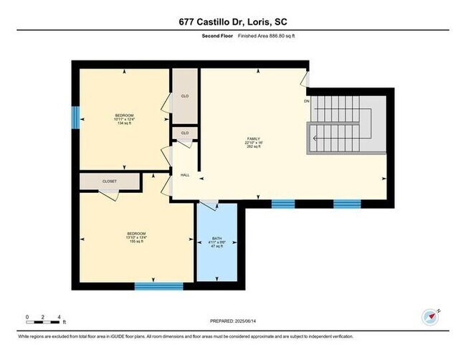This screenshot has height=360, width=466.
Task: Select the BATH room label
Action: (x=217, y=240)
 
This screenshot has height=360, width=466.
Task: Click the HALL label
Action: (x=184, y=174)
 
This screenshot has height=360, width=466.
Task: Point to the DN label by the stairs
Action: (x=307, y=101)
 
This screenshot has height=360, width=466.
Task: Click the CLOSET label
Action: (x=108, y=181)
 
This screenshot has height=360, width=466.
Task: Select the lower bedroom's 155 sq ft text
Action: (x=136, y=242)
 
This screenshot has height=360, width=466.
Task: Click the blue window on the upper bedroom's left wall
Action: (x=75, y=118)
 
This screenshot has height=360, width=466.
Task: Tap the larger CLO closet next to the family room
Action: (x=185, y=97)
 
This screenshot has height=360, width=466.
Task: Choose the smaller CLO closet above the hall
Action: (x=184, y=133)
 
